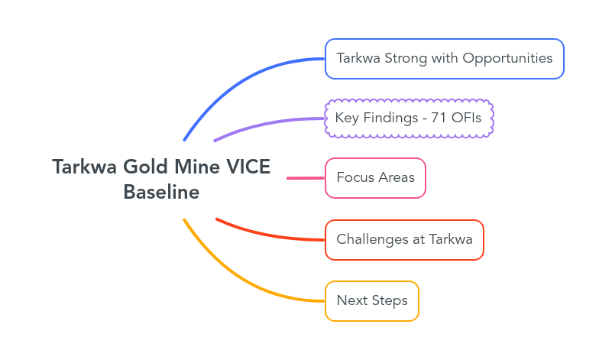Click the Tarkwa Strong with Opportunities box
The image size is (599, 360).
[444, 59]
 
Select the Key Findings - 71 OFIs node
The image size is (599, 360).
[410, 118]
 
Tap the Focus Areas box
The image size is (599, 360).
[375, 178]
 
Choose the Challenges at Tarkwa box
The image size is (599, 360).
[404, 240]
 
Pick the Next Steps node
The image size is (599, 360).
[371, 301]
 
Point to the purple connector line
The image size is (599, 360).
[267, 124]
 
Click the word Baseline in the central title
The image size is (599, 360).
[161, 193]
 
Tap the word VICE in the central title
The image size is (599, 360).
[248, 167]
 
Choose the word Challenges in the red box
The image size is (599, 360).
[372, 240]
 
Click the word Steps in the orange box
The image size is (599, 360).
[390, 301]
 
